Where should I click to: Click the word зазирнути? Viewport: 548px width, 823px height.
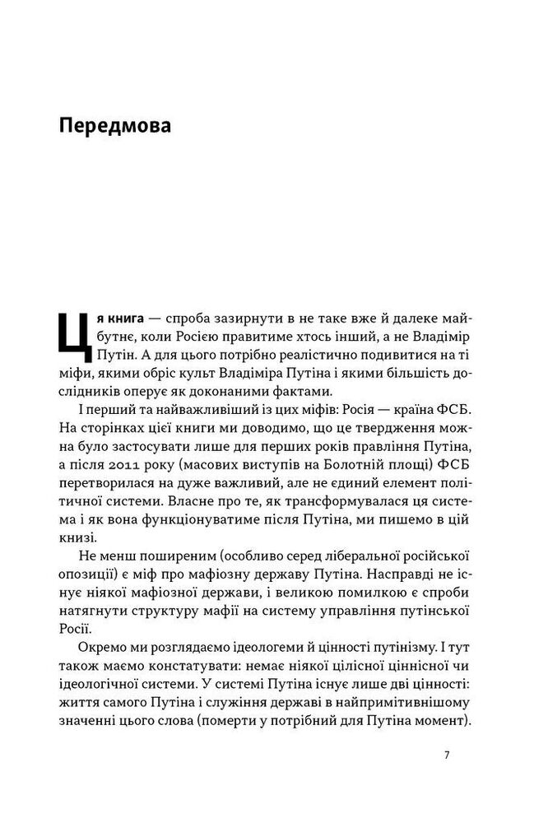[239, 318]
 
